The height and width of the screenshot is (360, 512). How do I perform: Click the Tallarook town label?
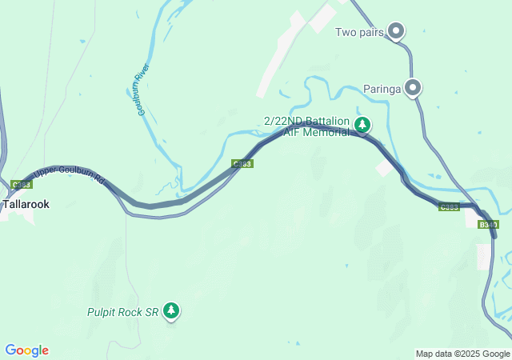tap(26, 204)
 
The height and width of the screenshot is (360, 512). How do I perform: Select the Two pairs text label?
tap(360, 32)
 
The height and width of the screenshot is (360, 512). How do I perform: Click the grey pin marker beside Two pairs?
tap(396, 31)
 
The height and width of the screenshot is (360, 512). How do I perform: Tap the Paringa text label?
tap(381, 88)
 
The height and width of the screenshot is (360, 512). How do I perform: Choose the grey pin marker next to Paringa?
tap(413, 87)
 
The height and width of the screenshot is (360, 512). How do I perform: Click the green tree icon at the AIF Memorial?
tap(362, 124)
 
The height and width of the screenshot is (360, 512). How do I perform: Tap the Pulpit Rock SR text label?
tap(123, 311)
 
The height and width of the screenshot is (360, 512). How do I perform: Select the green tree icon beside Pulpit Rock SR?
tap(170, 310)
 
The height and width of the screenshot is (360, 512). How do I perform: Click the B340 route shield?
tap(488, 225)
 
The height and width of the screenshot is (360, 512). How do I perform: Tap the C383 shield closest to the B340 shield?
tap(450, 207)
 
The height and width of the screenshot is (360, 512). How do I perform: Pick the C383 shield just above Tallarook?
tap(22, 184)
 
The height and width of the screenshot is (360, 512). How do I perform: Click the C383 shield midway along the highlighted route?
tap(242, 164)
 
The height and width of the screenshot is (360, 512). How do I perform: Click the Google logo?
tap(26, 350)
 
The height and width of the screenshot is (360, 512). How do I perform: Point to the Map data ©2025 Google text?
tap(462, 354)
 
